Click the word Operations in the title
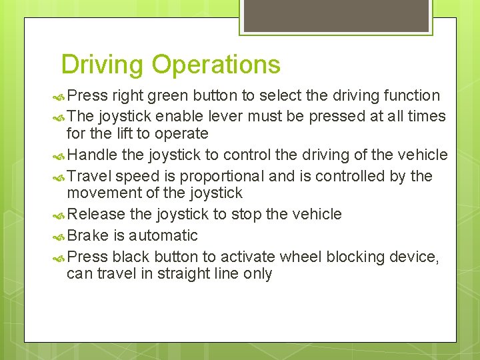(x=216, y=65)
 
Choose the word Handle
(x=91, y=155)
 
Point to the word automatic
(x=163, y=235)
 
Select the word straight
(x=183, y=274)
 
